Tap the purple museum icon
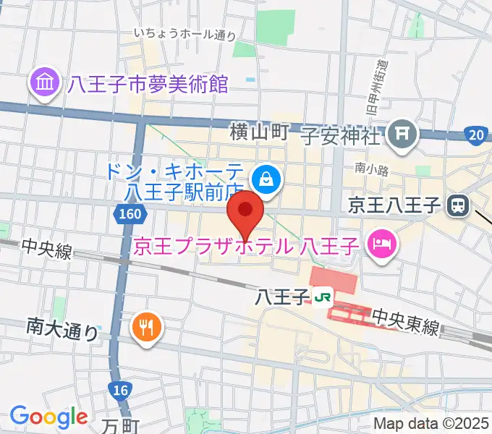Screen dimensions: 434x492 point(46,85)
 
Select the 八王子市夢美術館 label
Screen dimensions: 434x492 point(148,85)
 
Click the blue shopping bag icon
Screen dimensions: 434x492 point(266,179)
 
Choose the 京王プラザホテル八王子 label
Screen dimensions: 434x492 point(246,247)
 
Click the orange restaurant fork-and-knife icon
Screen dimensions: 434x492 point(146,327)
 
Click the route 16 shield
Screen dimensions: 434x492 point(122,390)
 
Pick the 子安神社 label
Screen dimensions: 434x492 point(340,134)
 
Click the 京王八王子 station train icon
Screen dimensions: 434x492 point(457,205)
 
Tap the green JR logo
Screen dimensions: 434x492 point(323,295)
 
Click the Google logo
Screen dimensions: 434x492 point(48,416)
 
